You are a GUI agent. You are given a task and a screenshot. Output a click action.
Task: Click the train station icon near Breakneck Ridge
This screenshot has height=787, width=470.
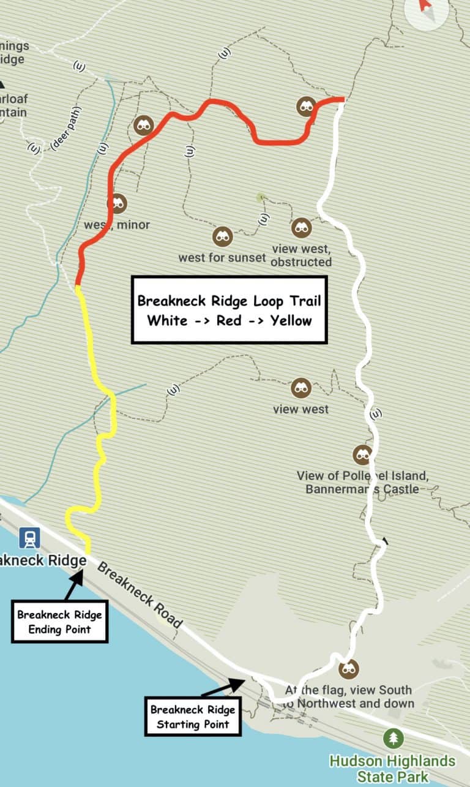click(x=29, y=538)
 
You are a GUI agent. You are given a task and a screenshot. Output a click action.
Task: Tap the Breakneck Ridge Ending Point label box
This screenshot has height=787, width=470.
click(x=59, y=622)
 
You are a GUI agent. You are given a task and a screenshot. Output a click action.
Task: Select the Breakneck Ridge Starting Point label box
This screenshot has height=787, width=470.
click(x=193, y=717)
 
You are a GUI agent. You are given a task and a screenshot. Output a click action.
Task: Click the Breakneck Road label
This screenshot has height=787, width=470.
click(x=140, y=595)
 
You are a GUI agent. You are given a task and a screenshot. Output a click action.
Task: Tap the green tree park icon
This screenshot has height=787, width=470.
click(x=393, y=738)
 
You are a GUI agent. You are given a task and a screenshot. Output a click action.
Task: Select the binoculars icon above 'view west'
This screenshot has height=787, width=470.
click(x=300, y=387)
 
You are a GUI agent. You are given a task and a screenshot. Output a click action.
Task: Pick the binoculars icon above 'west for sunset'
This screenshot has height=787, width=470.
click(x=222, y=236)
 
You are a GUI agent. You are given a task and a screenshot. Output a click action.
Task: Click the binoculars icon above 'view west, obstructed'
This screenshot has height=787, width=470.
click(x=300, y=228)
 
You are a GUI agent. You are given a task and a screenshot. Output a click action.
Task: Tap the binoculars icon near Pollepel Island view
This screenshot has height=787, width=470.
click(x=362, y=454)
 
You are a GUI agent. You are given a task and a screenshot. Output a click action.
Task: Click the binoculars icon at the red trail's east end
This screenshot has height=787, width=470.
click(x=306, y=107)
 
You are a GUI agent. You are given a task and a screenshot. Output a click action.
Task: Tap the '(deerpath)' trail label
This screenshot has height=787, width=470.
click(x=65, y=129)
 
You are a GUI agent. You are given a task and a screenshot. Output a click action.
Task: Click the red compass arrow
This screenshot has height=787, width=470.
click(x=424, y=6)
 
